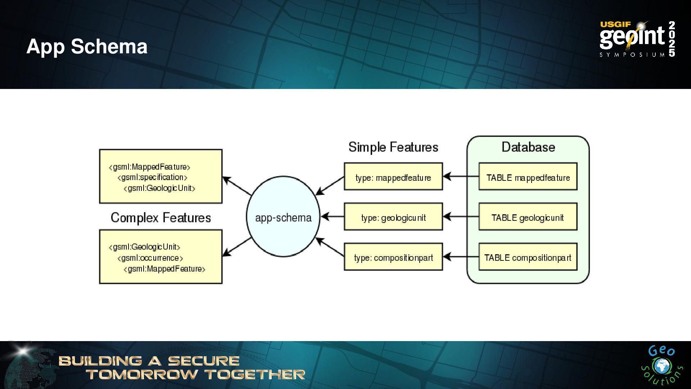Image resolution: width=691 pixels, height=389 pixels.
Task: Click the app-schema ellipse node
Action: tap(283, 217)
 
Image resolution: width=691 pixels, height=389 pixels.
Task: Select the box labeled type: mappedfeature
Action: tap(393, 177)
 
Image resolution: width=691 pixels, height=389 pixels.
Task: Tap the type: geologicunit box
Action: tap(393, 217)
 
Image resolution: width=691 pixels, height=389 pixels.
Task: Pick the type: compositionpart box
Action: tap(393, 257)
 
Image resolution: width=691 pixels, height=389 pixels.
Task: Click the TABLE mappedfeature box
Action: tap(528, 177)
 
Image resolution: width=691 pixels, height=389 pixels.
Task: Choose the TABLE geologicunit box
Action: tap(528, 217)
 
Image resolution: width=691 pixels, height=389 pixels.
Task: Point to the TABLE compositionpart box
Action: tap(528, 257)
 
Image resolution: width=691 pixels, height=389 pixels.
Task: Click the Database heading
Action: tap(528, 147)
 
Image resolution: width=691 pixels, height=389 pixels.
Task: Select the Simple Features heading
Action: tap(393, 147)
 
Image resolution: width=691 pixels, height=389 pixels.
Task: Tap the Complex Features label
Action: tap(161, 218)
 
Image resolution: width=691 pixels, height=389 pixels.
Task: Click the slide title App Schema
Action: tap(87, 46)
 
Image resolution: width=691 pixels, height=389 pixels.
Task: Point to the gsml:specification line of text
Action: tap(152, 177)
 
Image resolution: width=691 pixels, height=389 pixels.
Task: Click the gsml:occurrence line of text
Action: tap(150, 258)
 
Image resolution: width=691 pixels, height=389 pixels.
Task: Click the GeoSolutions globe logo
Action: tap(661, 366)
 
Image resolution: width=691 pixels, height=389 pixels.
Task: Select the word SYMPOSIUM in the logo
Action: tap(632, 55)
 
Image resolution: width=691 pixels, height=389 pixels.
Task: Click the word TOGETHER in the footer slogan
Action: tap(255, 375)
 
